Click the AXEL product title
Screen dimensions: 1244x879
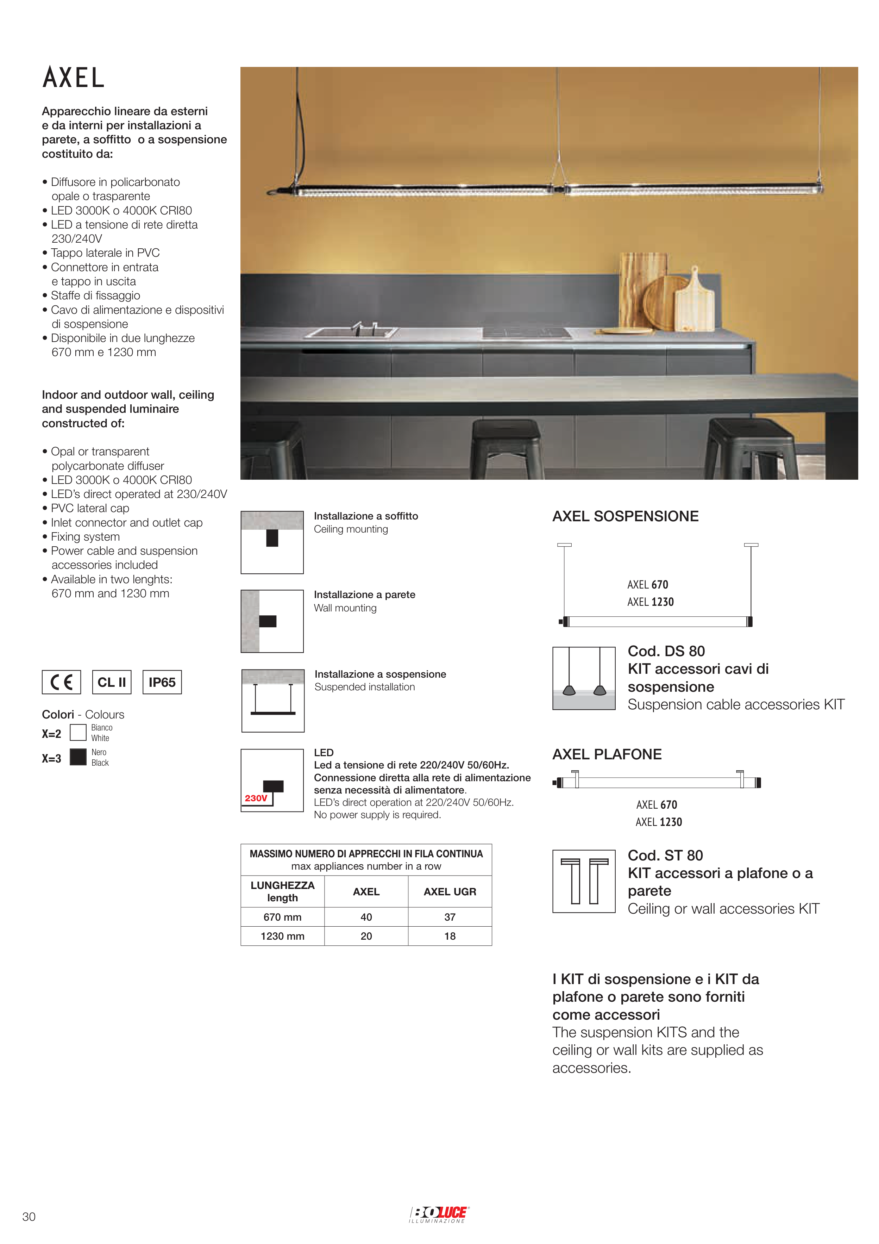click(74, 77)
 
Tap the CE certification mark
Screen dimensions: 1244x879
click(61, 682)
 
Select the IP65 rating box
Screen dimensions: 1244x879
click(162, 682)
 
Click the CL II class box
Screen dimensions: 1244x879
click(112, 682)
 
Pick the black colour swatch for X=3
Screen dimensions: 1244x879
click(79, 757)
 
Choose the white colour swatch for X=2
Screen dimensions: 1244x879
click(79, 733)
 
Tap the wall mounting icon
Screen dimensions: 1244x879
click(272, 621)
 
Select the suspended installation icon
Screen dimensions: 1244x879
click(272, 701)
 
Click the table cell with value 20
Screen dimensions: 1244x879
click(366, 936)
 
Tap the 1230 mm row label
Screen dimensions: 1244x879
click(282, 936)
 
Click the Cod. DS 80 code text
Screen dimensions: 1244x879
click(666, 651)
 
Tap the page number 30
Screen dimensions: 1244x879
click(29, 1217)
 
